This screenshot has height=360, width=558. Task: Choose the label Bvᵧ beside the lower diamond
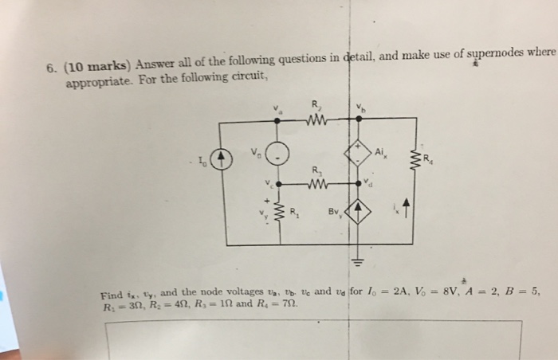[335, 213]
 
